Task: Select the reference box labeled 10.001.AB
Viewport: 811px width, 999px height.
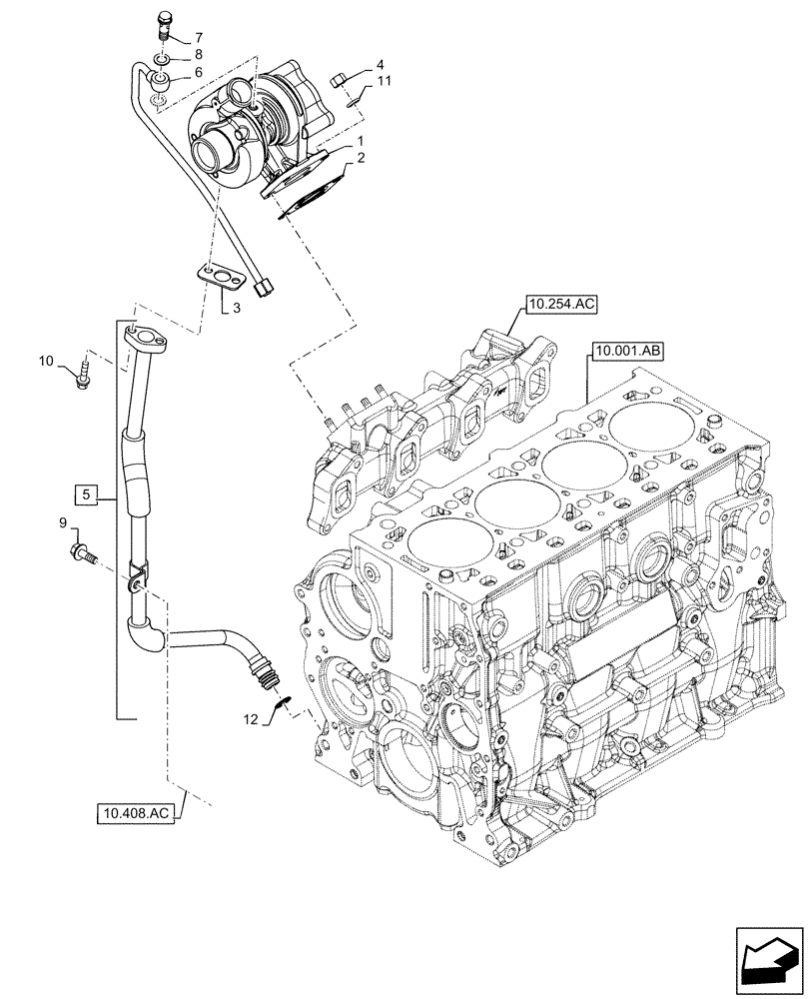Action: pos(628,351)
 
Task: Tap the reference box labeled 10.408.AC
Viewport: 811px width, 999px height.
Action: pos(138,814)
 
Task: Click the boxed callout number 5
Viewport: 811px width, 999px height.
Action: pos(87,494)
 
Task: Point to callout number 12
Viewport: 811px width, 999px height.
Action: pos(254,717)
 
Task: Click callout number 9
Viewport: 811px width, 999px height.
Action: pos(62,522)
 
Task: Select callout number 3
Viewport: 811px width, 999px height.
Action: pos(236,309)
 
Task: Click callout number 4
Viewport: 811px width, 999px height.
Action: pos(380,66)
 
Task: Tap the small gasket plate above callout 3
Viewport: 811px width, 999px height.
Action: pos(219,275)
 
